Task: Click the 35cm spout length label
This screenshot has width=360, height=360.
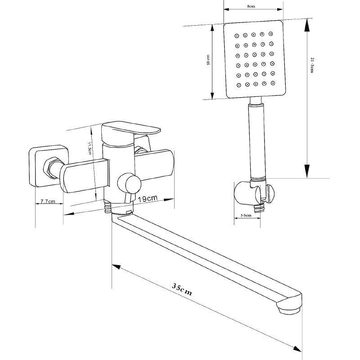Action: click(x=182, y=290)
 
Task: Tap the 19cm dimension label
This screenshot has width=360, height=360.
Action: click(x=148, y=198)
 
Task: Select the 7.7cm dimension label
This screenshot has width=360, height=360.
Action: click(x=48, y=201)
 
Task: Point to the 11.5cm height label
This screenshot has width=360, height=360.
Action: click(x=90, y=148)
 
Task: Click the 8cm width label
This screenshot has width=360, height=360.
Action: click(x=251, y=6)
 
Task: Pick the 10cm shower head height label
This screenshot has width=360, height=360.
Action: click(x=208, y=60)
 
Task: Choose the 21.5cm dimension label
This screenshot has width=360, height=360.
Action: click(x=312, y=65)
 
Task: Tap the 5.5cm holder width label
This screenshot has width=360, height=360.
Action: click(x=246, y=216)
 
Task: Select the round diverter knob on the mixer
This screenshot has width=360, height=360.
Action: click(x=129, y=184)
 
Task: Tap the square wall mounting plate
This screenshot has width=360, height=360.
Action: click(x=49, y=166)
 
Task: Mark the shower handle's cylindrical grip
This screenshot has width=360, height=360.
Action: click(x=257, y=141)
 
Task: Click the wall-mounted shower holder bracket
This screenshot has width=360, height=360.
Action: click(x=254, y=193)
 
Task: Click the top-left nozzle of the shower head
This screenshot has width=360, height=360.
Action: click(x=237, y=36)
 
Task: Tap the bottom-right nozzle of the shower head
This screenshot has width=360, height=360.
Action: click(x=273, y=83)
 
